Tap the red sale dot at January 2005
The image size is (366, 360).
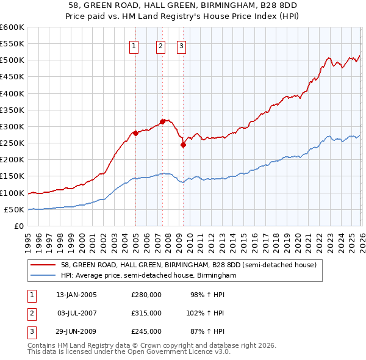[x=135, y=133]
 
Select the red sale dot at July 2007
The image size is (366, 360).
[x=162, y=121]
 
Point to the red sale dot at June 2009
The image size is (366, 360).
[x=183, y=145]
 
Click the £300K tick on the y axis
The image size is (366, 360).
[x=12, y=127]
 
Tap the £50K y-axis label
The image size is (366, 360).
[x=14, y=210]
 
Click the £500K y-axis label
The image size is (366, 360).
[x=12, y=60]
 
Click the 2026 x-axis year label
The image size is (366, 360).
[x=361, y=237]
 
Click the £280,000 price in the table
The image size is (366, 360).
[x=146, y=295]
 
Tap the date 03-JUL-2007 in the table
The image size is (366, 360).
[x=77, y=313]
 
